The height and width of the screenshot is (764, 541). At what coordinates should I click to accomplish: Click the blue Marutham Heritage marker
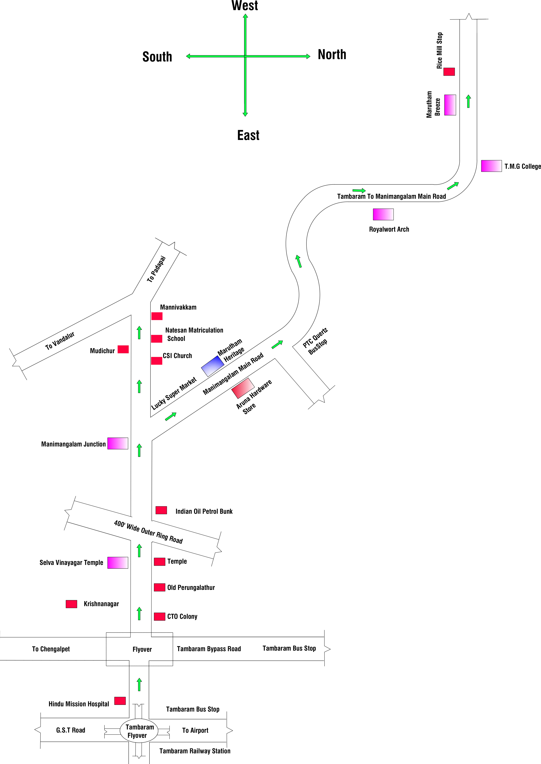point(212,366)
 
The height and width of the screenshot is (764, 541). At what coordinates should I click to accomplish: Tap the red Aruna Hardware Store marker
point(243,388)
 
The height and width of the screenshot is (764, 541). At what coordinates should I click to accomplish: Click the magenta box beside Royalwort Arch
point(383,214)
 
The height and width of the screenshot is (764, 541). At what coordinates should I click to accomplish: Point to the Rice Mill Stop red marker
point(449,72)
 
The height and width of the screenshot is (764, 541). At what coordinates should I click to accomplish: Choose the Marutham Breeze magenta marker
point(450,105)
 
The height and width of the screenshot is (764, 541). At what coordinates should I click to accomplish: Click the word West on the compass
point(245,6)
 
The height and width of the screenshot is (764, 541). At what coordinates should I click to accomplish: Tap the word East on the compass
point(248,135)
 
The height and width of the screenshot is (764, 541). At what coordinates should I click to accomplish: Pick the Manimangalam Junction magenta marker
point(118,443)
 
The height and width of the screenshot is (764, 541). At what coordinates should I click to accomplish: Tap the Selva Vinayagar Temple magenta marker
point(118,563)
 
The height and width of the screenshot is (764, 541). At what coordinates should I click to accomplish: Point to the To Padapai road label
point(156,269)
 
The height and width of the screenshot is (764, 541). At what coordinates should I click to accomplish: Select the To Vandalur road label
point(60,341)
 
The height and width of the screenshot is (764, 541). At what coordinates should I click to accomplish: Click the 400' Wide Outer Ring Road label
point(148,532)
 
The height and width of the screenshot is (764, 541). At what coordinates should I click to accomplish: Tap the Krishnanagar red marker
point(71,604)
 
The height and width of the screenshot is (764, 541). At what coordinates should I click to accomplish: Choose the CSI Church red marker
point(156,361)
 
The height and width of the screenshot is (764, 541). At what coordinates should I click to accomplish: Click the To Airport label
point(195,730)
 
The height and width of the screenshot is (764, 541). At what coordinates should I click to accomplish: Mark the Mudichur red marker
point(123,349)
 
